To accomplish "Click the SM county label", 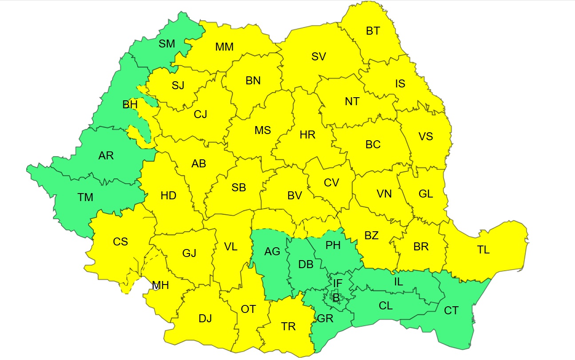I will pyautogui.click(x=167, y=44).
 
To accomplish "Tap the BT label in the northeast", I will pyautogui.click(x=373, y=31).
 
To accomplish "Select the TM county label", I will pyautogui.click(x=85, y=197).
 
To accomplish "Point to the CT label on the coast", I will pyautogui.click(x=451, y=311).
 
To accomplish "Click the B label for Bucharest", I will pyautogui.click(x=336, y=298).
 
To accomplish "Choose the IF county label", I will pyautogui.click(x=338, y=282).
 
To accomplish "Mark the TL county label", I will pyautogui.click(x=484, y=250).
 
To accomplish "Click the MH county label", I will pyautogui.click(x=160, y=285).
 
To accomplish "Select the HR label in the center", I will pyautogui.click(x=307, y=135).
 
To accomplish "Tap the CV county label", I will pyautogui.click(x=331, y=182).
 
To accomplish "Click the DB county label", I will pyautogui.click(x=306, y=265).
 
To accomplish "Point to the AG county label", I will pyautogui.click(x=272, y=252).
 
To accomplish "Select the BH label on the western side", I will pyautogui.click(x=130, y=105).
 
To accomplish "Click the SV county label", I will pyautogui.click(x=318, y=56).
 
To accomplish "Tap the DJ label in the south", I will pyautogui.click(x=205, y=318).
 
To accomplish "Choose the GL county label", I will pyautogui.click(x=425, y=194).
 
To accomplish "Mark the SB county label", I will pyautogui.click(x=238, y=188).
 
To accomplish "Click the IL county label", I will pyautogui.click(x=398, y=281).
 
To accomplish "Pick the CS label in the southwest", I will pyautogui.click(x=120, y=242).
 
